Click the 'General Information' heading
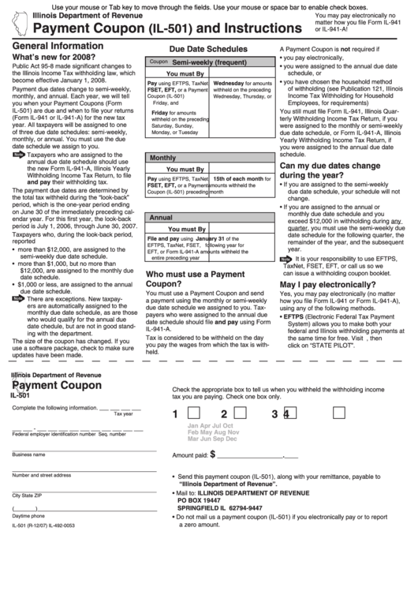point(58,47)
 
